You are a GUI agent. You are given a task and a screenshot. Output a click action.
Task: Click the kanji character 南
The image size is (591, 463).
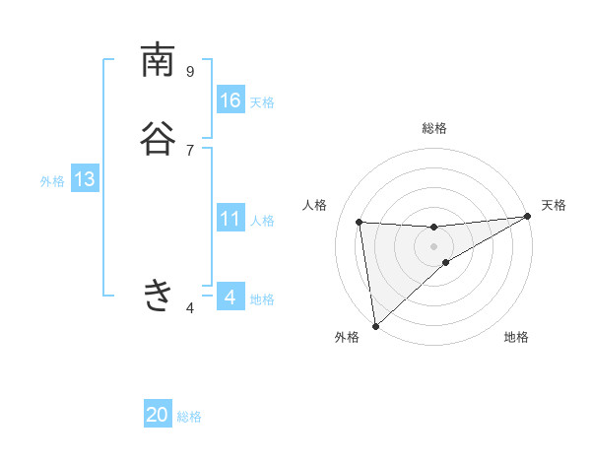[x=158, y=61]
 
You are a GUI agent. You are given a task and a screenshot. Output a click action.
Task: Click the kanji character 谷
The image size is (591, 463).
[x=158, y=139]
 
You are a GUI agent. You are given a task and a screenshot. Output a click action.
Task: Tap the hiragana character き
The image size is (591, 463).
[x=158, y=295]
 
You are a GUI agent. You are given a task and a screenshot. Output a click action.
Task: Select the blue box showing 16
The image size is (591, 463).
[x=230, y=100]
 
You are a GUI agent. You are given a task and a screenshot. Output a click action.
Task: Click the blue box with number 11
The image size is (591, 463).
[x=230, y=219]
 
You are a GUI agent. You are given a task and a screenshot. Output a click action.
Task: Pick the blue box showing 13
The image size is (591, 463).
[x=84, y=179]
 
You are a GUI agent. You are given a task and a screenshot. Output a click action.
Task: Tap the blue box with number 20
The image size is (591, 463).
[x=158, y=415]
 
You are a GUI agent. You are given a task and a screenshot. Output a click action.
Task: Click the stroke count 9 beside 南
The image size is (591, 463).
[x=190, y=71]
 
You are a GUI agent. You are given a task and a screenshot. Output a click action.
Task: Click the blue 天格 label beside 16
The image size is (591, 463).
[x=262, y=102]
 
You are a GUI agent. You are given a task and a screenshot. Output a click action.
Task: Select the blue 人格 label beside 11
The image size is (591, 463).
[x=262, y=221]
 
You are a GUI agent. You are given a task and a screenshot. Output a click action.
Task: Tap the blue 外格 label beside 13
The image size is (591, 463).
[x=52, y=181]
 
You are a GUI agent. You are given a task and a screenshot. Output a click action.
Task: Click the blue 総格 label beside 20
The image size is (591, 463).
[x=189, y=417]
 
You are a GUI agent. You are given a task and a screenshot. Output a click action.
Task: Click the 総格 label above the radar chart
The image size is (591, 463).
[x=434, y=128]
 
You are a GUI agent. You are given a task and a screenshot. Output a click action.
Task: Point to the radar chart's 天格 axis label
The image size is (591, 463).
[x=554, y=205]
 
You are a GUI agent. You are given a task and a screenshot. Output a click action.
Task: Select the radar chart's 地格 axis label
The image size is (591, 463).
[x=516, y=337]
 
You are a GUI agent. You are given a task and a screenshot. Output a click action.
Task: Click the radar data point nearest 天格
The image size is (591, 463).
[x=527, y=217]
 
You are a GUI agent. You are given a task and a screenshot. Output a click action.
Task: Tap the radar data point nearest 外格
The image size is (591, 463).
[x=375, y=325]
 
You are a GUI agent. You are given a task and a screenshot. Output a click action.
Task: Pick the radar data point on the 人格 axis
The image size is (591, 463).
[x=360, y=222]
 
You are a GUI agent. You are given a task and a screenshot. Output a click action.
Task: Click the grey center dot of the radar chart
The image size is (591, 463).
[x=434, y=246]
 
